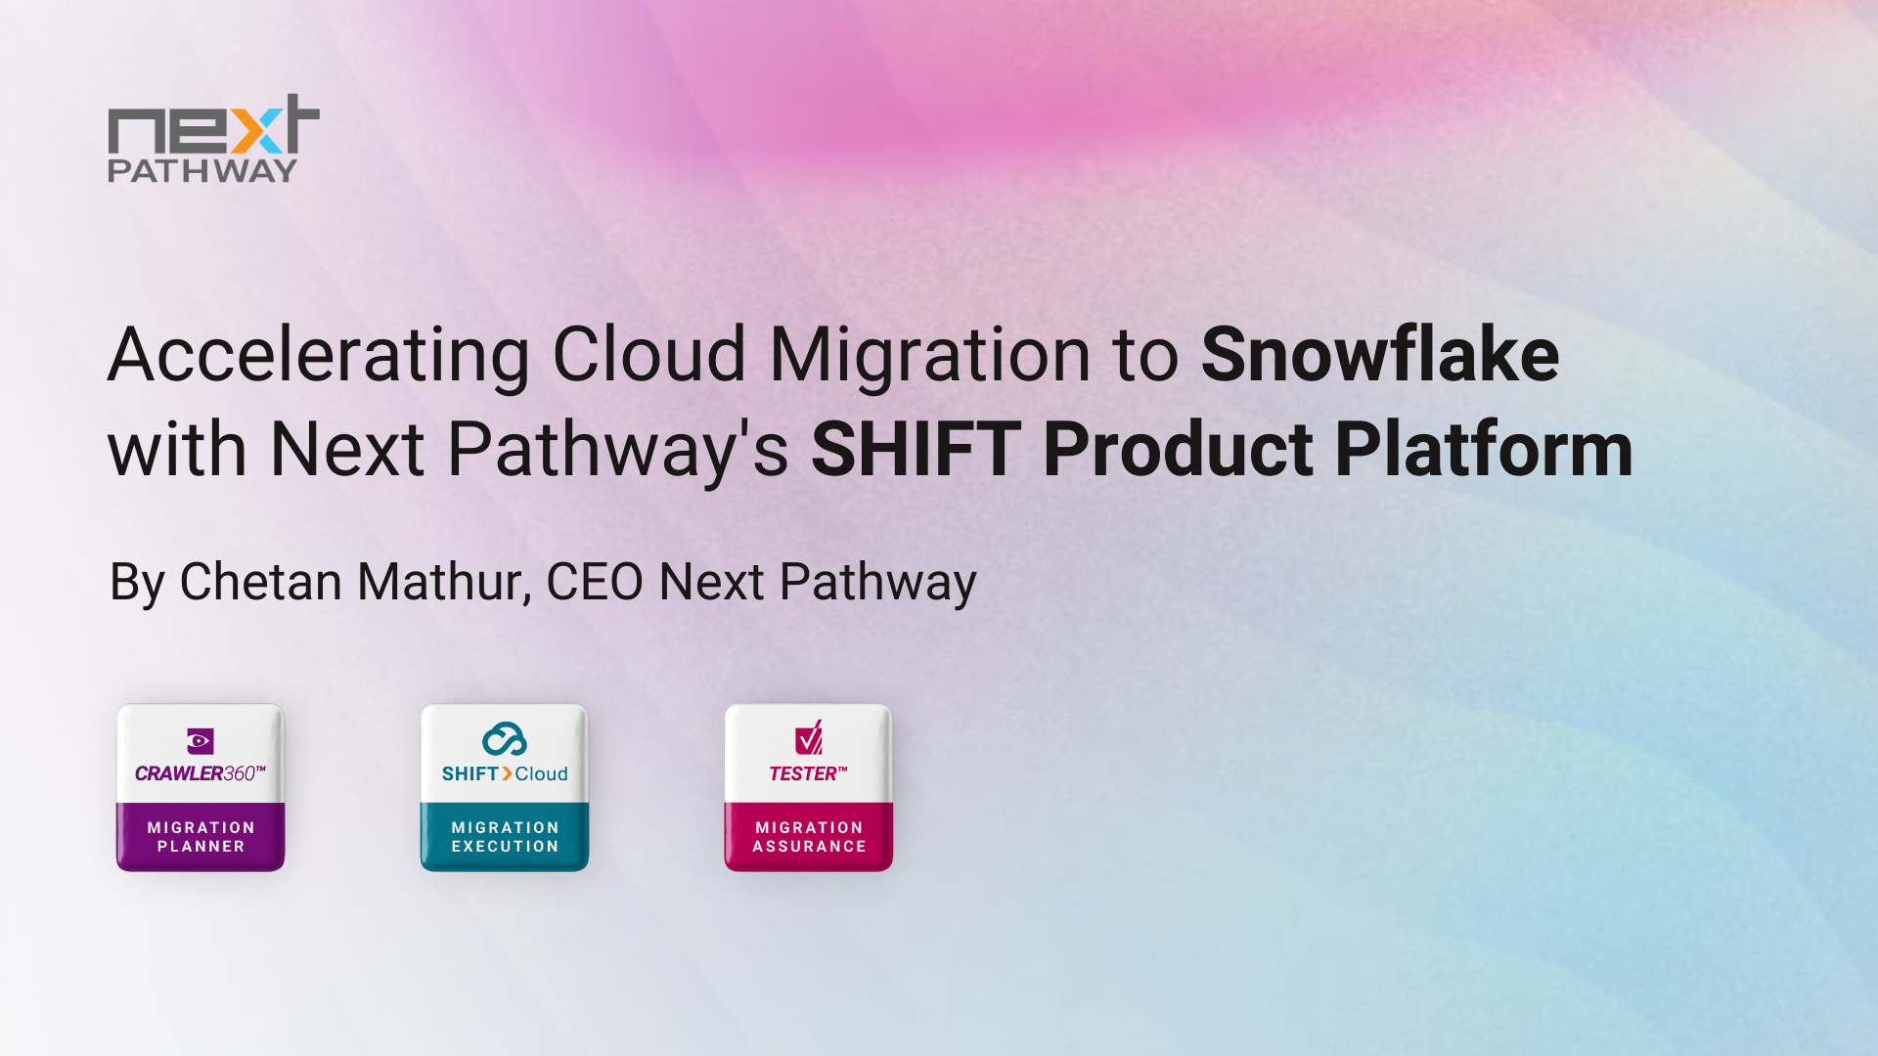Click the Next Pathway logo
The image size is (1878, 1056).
point(212,139)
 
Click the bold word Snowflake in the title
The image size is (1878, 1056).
point(1379,354)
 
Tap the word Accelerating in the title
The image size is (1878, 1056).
point(319,354)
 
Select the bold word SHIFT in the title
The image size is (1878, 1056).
point(916,450)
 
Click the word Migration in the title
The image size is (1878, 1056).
point(929,354)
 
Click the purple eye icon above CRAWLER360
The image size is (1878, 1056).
point(200,741)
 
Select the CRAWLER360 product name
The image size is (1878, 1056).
point(200,773)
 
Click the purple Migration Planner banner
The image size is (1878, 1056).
point(201,837)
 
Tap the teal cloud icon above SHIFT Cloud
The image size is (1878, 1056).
point(505,739)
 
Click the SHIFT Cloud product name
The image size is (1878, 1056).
point(505,773)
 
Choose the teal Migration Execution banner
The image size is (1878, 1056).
point(505,837)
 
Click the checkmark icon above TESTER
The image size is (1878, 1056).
point(809,738)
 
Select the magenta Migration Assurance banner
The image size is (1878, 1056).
point(809,837)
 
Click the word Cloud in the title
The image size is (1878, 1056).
point(649,354)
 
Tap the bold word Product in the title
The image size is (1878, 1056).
point(1178,450)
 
